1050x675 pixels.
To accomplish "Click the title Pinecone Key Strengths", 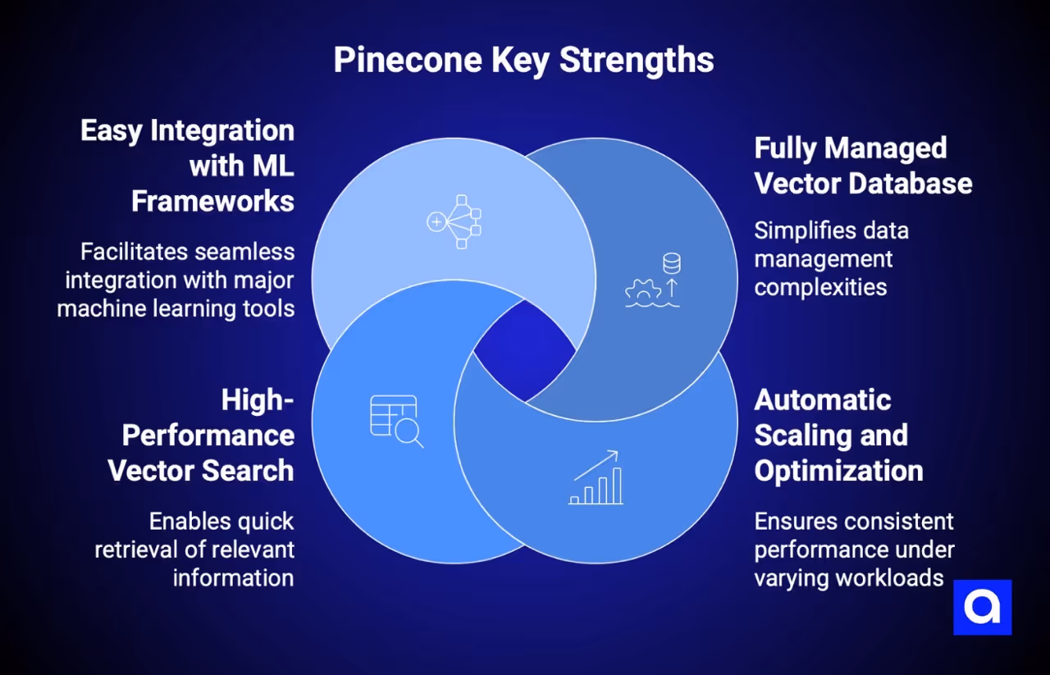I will pyautogui.click(x=523, y=61).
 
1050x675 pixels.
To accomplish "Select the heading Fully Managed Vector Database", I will pyautogui.click(x=861, y=166).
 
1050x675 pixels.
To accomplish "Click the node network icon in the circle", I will pyautogui.click(x=454, y=221).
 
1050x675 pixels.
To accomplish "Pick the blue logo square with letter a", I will pyautogui.click(x=982, y=607).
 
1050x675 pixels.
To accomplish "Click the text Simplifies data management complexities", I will pyautogui.click(x=830, y=258).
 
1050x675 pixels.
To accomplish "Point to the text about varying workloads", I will pyautogui.click(x=853, y=549).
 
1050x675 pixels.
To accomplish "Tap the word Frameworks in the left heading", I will pyautogui.click(x=213, y=201).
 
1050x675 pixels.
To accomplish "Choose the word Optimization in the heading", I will pyautogui.click(x=838, y=471).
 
